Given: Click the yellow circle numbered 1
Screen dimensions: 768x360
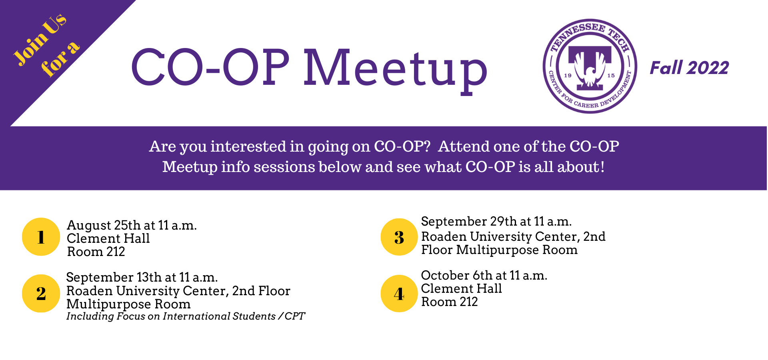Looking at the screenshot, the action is [x=41, y=237].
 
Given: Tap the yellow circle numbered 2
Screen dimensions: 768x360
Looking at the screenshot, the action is [x=41, y=293].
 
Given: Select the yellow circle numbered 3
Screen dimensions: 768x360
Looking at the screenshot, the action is [x=399, y=237].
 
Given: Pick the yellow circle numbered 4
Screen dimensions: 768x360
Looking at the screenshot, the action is [x=399, y=293].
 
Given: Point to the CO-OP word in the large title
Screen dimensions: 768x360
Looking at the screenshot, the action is [x=210, y=67].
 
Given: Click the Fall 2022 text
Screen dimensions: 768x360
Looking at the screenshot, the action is [x=689, y=68].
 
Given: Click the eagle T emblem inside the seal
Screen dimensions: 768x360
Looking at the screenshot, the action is [x=590, y=67].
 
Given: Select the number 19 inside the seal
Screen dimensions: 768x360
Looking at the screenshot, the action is [x=568, y=75].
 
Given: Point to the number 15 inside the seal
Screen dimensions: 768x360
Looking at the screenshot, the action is [x=611, y=75].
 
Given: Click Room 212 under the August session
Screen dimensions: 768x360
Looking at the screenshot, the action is [x=96, y=252].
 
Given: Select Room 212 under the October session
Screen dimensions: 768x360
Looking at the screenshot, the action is [x=450, y=302].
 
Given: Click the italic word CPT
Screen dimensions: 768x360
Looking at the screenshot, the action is [x=295, y=316].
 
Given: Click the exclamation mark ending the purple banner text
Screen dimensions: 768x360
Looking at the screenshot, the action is [x=602, y=167].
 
